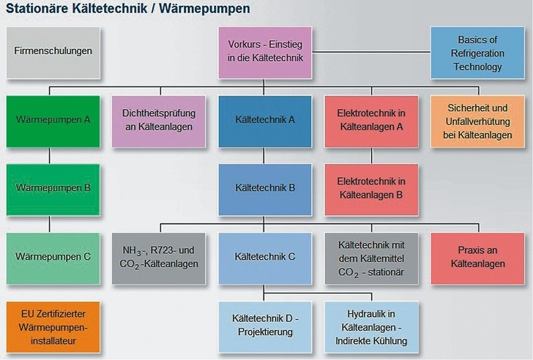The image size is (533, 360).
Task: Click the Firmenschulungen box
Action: tap(53, 53)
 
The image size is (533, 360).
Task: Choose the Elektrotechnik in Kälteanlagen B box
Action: tap(371, 187)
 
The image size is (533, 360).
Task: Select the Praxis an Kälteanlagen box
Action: tap(477, 257)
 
